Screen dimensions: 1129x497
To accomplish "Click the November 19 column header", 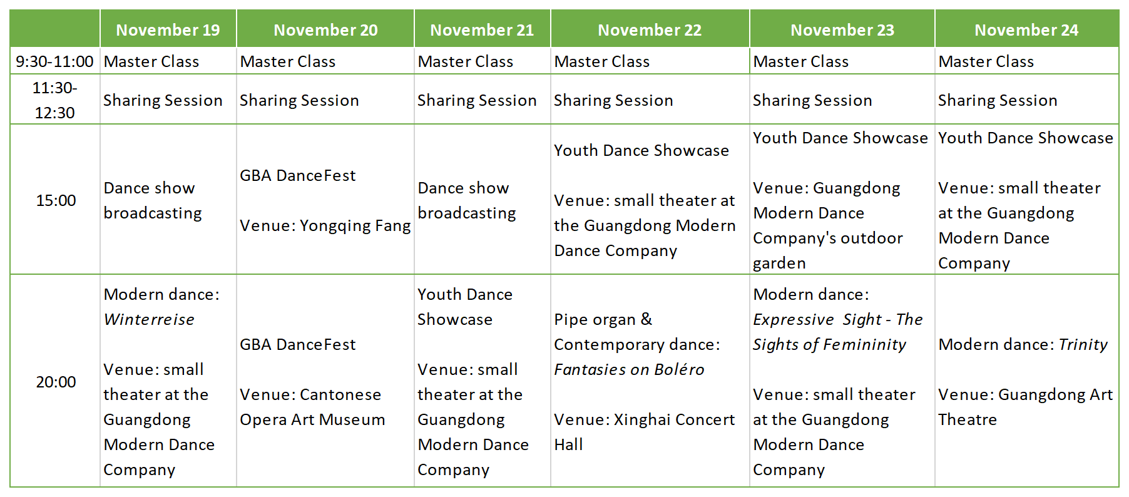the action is [168, 30].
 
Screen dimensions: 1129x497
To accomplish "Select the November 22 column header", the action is [650, 30].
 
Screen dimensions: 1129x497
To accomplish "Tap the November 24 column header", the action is [1026, 30].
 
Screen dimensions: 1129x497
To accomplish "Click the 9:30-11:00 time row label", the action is [54, 61].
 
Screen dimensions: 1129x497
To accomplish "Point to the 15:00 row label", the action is [56, 200].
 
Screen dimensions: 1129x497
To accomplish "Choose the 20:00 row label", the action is [56, 382].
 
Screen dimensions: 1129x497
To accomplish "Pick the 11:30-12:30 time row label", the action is [54, 100].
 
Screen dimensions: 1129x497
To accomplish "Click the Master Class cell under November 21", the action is [466, 61].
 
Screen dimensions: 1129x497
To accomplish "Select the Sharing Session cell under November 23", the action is [812, 100].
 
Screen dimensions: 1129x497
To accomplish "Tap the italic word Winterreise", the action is [149, 319].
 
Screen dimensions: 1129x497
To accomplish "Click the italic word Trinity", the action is [1083, 344].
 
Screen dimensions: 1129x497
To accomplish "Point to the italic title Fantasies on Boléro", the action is [629, 369].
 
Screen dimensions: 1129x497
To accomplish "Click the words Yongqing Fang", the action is [355, 225].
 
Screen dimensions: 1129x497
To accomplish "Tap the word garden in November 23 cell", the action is [779, 264].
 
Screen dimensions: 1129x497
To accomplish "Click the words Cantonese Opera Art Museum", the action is [312, 407].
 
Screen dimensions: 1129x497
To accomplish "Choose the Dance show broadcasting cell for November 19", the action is [153, 200].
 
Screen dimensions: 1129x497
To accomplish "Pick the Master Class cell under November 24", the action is [986, 61].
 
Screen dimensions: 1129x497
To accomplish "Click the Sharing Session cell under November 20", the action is [299, 100].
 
